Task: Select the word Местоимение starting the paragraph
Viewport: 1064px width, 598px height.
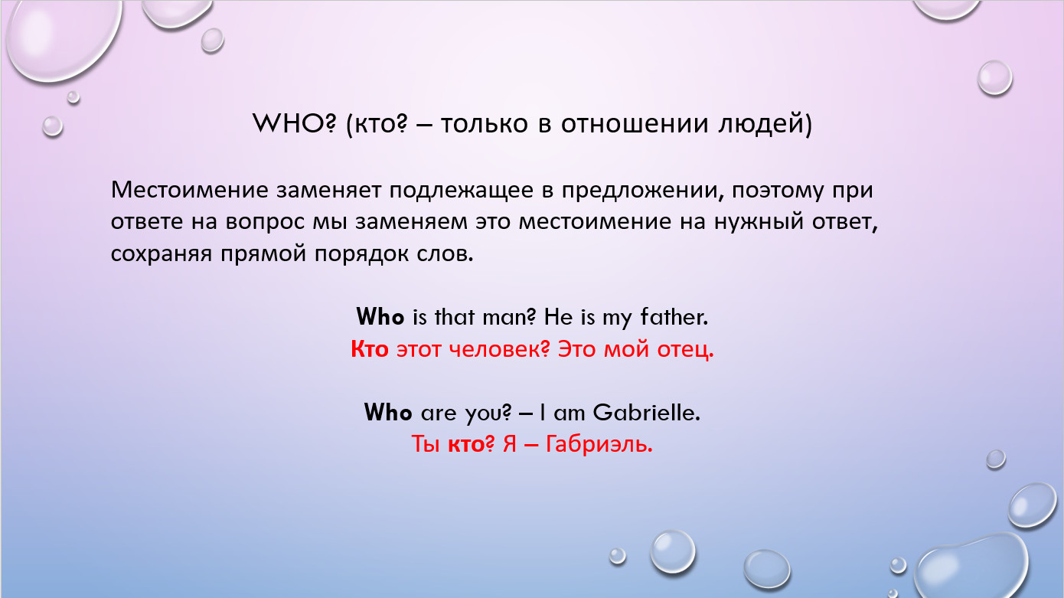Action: coord(190,190)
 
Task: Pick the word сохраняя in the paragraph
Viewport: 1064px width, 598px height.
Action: coord(161,255)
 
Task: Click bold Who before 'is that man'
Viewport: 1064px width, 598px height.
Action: coord(380,317)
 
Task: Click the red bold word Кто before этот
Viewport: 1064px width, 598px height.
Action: coord(370,350)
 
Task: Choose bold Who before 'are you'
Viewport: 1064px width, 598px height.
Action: coord(387,412)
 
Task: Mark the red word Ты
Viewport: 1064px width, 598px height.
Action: coord(425,445)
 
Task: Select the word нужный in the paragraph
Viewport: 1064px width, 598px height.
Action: coord(759,223)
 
